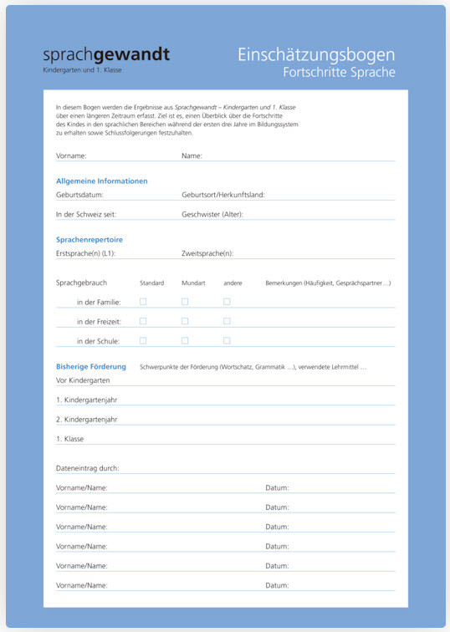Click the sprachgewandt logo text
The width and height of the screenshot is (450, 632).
pos(106,56)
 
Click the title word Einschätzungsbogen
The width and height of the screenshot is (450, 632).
pos(316,55)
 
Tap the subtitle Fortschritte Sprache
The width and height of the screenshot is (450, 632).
pos(339,73)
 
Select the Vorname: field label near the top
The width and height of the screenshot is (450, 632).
pos(71,155)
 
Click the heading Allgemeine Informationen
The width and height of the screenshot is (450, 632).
pos(102,181)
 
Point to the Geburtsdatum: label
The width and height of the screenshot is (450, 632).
pos(79,195)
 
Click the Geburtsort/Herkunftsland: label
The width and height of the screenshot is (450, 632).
pos(222,195)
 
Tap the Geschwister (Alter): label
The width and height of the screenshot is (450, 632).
pos(217,215)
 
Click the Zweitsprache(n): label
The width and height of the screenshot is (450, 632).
pos(207,253)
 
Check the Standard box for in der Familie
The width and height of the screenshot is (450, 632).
pos(143,302)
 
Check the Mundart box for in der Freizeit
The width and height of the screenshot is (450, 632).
pos(185,321)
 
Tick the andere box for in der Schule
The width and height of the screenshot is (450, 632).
pos(227,341)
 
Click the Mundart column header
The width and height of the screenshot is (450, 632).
pos(193,283)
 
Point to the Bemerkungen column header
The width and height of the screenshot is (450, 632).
pos(328,283)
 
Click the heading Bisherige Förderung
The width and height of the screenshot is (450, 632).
pos(91,366)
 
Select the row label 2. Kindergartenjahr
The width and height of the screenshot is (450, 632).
pos(87,419)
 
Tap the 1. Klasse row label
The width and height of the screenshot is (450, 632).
pos(70,439)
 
